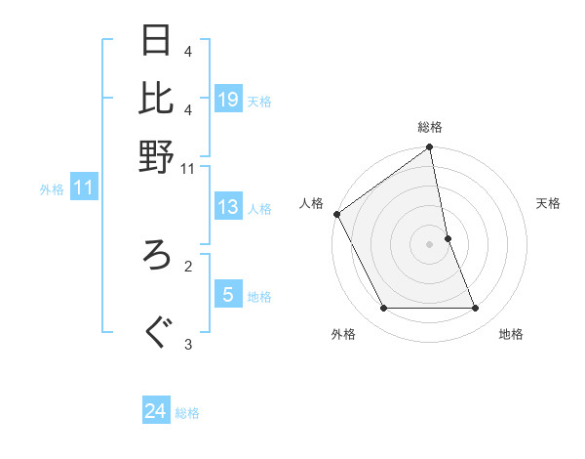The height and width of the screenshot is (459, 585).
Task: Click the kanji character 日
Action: [158, 42]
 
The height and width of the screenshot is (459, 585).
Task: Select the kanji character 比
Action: [158, 99]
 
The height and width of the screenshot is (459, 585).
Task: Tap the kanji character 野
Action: [158, 155]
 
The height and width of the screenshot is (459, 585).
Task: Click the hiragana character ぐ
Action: [158, 332]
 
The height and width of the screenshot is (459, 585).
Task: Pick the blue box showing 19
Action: [228, 100]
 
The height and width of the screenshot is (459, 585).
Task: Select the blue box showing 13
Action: [228, 207]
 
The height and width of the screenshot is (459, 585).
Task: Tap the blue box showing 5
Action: [228, 295]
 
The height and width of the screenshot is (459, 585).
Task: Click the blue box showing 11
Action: [83, 188]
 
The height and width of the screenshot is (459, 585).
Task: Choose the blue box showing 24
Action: [156, 411]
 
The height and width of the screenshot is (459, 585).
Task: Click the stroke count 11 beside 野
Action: [188, 168]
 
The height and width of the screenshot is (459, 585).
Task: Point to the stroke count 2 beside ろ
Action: [188, 264]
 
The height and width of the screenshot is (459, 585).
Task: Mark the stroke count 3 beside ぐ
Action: [188, 343]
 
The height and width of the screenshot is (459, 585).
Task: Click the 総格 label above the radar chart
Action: [430, 128]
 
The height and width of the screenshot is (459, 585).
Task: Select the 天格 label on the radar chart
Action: [548, 203]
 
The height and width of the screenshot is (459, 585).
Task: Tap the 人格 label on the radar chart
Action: [311, 203]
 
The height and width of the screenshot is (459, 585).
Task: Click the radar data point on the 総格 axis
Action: [430, 148]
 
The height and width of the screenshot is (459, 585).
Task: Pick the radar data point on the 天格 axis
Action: [448, 238]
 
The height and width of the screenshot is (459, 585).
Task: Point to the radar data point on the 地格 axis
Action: [476, 309]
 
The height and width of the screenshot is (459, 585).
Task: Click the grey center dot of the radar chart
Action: [430, 244]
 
